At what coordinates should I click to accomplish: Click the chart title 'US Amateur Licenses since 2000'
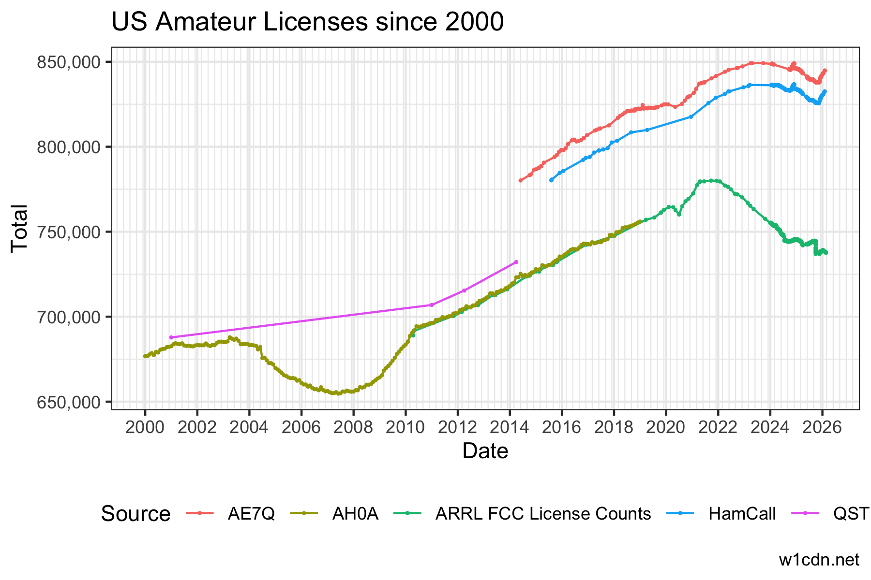point(307,22)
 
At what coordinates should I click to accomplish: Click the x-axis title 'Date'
point(485,451)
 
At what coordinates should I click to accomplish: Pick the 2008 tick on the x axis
point(353,427)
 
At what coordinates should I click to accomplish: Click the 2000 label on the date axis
point(145,427)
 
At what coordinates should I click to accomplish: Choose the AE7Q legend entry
point(251,514)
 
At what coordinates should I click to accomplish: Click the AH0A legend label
point(355,514)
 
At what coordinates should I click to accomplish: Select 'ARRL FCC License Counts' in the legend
point(543,514)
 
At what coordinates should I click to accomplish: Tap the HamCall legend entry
point(742,514)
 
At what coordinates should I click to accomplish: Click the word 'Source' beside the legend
point(135,514)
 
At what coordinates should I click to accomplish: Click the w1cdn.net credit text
point(819,560)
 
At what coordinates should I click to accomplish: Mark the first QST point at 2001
point(171,337)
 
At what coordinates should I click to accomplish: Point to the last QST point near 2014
point(516,262)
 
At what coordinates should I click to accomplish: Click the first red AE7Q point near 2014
point(520,180)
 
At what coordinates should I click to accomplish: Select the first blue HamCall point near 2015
point(551,180)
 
